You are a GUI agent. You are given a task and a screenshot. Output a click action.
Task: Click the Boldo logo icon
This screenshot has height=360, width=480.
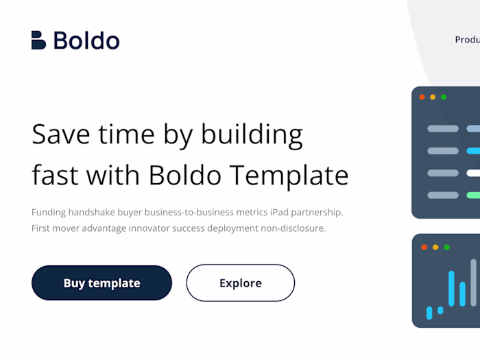38,40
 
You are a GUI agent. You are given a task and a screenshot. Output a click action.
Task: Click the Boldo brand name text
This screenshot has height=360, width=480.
86,40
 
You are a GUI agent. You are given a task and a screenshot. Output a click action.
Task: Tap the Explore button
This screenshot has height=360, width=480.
240,283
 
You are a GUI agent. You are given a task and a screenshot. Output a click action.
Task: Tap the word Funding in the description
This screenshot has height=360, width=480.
49,212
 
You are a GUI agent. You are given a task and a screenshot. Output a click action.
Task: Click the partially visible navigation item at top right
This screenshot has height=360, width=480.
467,40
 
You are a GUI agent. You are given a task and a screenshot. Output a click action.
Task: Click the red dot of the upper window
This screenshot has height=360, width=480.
422,97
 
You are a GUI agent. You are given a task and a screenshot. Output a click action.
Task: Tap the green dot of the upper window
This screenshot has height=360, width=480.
444,97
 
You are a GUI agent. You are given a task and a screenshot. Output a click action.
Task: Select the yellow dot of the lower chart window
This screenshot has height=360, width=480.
435,247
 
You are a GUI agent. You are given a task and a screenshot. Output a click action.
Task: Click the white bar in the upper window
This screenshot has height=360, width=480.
473,173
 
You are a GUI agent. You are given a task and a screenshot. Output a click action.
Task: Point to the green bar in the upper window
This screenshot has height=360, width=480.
473,195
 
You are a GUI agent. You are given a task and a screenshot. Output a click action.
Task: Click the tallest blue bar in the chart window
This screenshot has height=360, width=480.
451,288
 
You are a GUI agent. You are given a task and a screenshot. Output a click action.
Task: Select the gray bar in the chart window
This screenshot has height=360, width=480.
473,282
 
